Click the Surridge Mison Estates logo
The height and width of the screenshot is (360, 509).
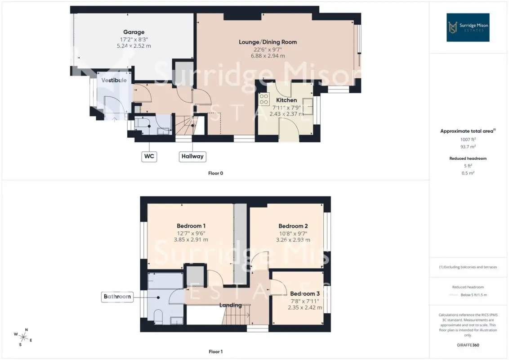tap(468, 27)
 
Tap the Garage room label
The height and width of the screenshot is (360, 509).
tap(134, 32)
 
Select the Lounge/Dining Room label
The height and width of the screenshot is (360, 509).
tap(268, 42)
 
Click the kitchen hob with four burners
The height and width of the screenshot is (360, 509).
tap(264, 99)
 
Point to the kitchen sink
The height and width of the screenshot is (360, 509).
tap(308, 107)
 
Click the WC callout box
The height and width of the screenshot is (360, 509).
tap(149, 156)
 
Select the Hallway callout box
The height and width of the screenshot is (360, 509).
tap(192, 156)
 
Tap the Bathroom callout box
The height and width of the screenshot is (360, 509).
tap(117, 296)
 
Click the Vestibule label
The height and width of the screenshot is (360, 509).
tap(114, 80)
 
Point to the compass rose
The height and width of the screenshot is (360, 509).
tap(23, 337)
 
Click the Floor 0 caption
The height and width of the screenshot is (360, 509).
tap(215, 173)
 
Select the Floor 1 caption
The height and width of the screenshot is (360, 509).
tap(215, 351)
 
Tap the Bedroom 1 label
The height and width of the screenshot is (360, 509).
tap(191, 226)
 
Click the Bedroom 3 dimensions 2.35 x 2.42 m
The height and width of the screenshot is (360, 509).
tap(305, 307)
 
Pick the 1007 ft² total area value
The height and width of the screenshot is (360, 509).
tap(468, 139)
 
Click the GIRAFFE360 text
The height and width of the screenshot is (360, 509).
tap(468, 345)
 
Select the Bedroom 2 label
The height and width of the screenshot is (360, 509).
tap(293, 226)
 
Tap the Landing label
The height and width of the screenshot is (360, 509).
tap(231, 305)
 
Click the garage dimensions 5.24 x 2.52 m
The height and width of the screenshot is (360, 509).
tap(134, 46)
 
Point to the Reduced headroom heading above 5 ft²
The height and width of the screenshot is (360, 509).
tap(468, 158)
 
